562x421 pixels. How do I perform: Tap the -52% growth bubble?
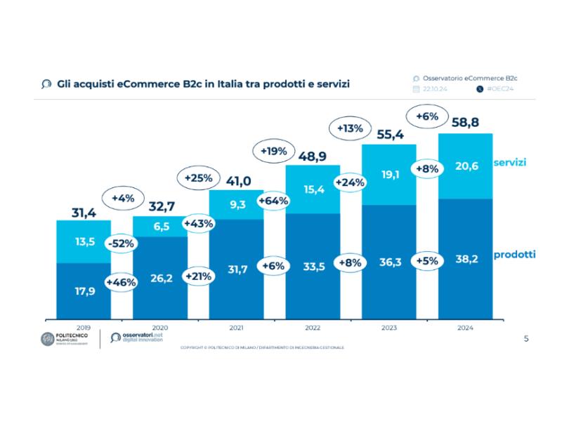point(121,243)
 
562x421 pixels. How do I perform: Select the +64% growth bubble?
point(273,202)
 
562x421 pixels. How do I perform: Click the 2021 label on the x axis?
point(236,326)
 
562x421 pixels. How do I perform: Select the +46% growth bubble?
point(121,282)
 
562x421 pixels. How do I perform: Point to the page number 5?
point(526,339)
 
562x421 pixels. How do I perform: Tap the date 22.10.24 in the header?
point(436,90)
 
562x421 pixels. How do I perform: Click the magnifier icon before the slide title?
point(46,84)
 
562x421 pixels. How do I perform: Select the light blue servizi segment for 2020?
point(159,226)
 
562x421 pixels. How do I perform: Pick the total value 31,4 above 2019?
point(83,211)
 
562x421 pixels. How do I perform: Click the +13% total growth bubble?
point(350,128)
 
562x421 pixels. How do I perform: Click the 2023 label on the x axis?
point(389,326)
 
